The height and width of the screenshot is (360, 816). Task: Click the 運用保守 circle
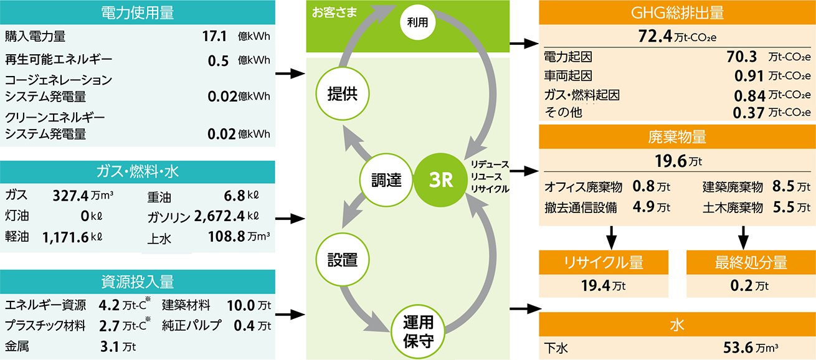point(418,332)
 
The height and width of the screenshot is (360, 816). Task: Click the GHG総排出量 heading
point(677,12)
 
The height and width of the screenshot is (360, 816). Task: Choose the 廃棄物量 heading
point(677,138)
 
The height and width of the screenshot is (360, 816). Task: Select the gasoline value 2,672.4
point(218,217)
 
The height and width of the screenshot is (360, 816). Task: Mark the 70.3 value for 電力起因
point(741,57)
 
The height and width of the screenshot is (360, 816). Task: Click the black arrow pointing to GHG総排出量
point(524,44)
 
